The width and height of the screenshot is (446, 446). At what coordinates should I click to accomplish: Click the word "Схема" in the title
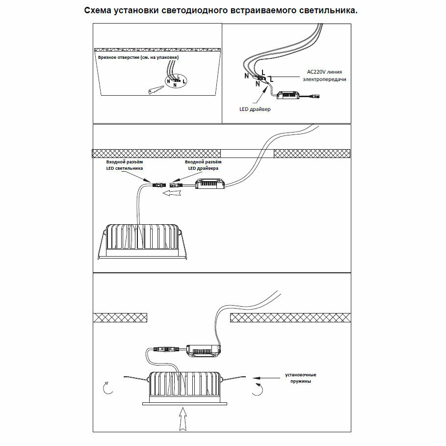click(98, 11)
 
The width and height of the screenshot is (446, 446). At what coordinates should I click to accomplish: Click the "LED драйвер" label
click(255, 109)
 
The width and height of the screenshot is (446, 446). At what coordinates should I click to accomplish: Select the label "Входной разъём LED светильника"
click(125, 165)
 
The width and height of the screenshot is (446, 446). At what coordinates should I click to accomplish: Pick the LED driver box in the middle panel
click(210, 184)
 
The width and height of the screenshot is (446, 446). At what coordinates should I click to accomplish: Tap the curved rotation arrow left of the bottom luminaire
click(106, 388)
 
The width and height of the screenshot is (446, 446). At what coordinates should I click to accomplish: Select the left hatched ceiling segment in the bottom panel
click(120, 317)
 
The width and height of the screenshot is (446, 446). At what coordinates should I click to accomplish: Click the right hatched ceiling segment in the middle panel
click(312, 154)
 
